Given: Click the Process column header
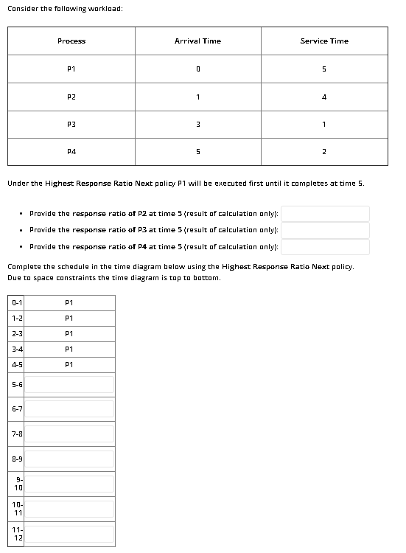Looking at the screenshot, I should point(71,41).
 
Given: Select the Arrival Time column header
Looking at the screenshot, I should point(197,41).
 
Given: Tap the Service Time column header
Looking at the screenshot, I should point(324,41).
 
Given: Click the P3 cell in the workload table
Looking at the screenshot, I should point(71,125).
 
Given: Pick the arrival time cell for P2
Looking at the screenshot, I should point(197,97).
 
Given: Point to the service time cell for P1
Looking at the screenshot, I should point(324,69).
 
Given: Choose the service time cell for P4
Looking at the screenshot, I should point(324,152).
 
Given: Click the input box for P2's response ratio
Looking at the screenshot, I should point(324,213).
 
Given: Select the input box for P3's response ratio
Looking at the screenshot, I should point(324,230).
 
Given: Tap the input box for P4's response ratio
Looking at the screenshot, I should point(324,246).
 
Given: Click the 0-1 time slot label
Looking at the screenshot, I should point(17,302).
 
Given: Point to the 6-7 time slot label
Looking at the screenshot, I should point(17,409).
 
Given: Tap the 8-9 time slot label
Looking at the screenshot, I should point(17,459).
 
